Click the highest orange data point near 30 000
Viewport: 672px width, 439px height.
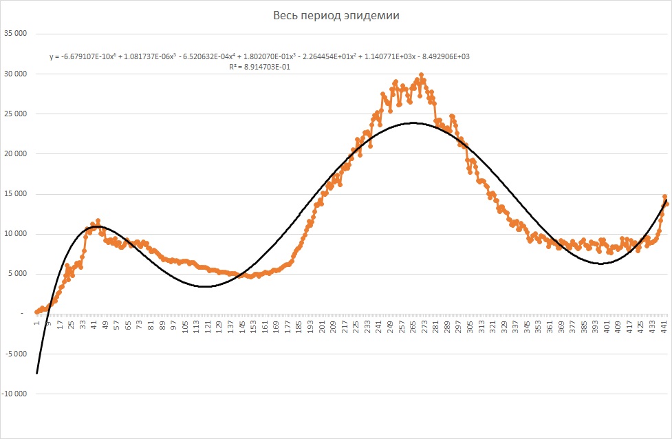421,75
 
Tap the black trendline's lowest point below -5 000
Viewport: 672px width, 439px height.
37,373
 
